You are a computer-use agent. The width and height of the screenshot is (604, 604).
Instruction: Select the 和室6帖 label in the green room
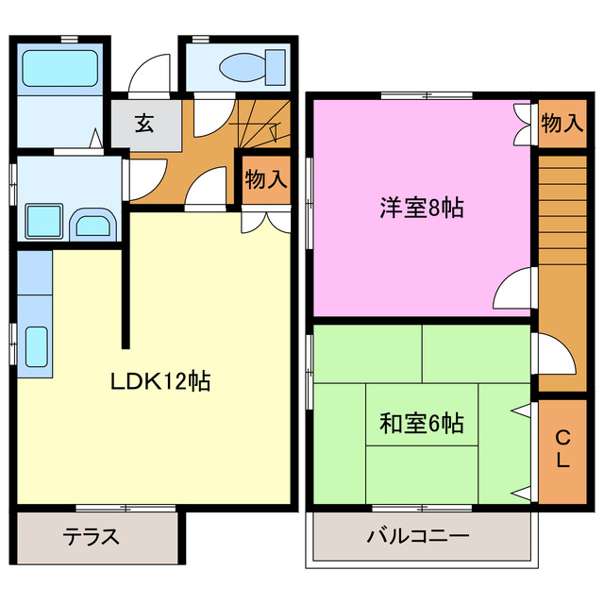421,424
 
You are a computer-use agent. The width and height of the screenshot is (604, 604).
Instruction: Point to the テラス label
91,537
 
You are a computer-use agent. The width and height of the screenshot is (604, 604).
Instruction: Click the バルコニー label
417,537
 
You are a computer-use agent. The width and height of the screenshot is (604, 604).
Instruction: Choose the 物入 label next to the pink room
562,122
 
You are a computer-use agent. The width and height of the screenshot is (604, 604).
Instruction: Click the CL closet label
562,449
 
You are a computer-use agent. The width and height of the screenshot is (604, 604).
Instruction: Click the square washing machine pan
43,220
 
